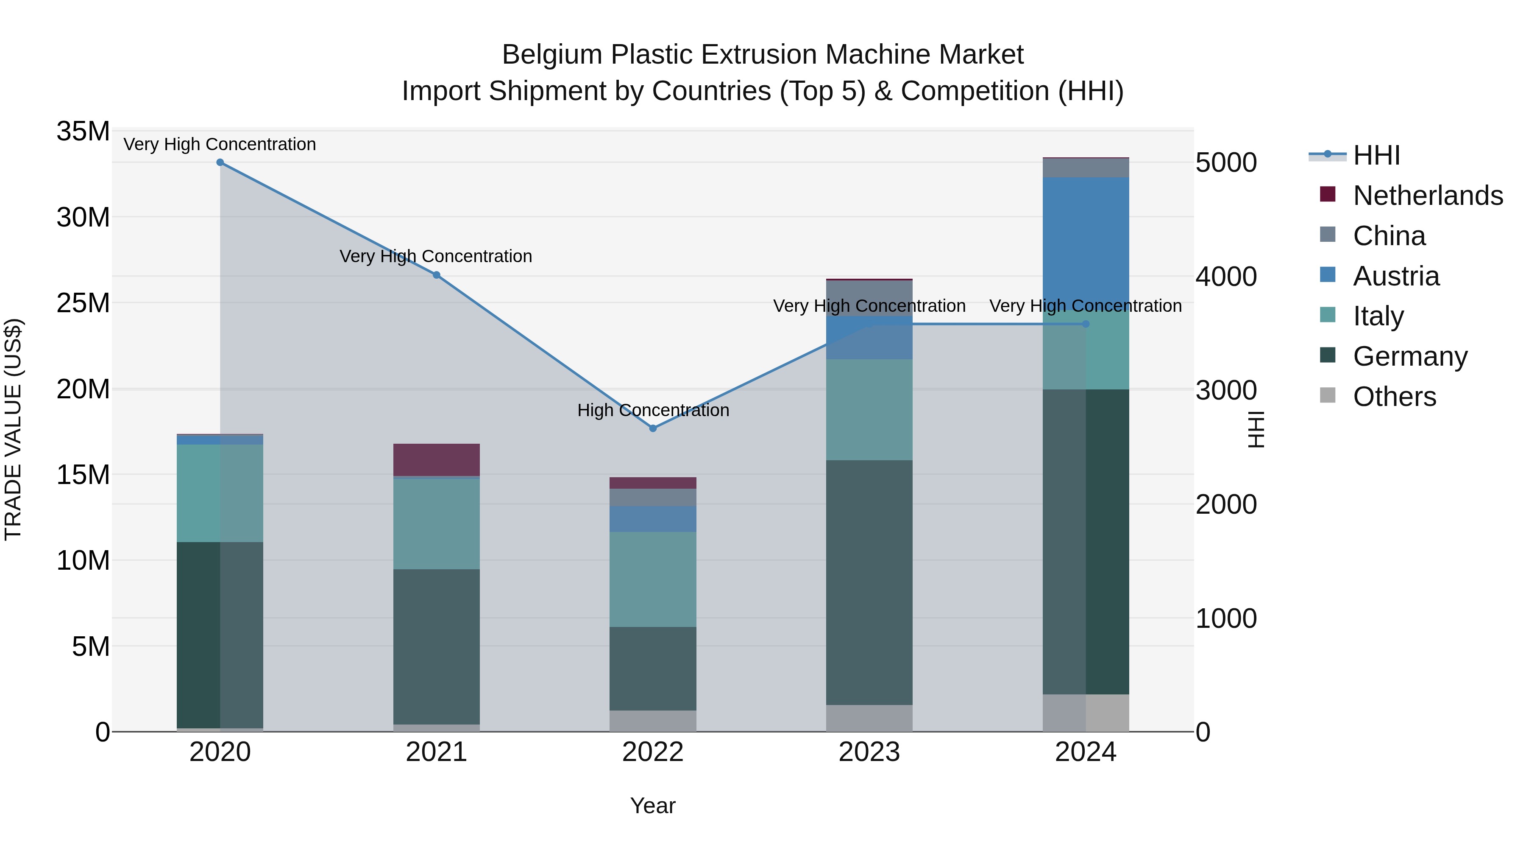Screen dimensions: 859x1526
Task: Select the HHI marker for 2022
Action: click(x=653, y=428)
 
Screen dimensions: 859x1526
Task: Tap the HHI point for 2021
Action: click(x=437, y=275)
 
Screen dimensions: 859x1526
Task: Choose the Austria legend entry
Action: click(x=1396, y=276)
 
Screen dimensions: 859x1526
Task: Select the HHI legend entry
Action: click(x=1376, y=155)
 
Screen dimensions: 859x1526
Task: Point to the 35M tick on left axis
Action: click(x=83, y=131)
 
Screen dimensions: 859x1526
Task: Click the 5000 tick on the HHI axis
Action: click(x=1225, y=163)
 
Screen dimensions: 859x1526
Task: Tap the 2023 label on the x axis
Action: click(x=869, y=752)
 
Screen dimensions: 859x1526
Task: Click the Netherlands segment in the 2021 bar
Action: click(x=437, y=459)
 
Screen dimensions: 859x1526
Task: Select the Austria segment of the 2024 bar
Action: click(x=1086, y=243)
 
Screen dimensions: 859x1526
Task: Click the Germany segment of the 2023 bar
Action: click(x=869, y=582)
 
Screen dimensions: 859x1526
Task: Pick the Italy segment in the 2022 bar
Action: click(x=653, y=579)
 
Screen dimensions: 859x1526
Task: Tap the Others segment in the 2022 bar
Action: click(x=653, y=721)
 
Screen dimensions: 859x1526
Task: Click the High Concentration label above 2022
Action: click(x=653, y=410)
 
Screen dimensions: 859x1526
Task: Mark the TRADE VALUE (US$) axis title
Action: click(x=14, y=429)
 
